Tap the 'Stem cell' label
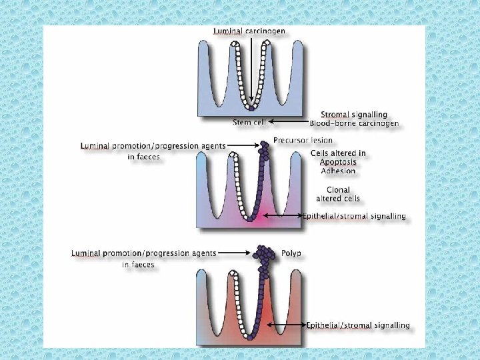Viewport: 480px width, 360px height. pyautogui.click(x=248, y=123)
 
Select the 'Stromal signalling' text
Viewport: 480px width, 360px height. pyautogui.click(x=354, y=115)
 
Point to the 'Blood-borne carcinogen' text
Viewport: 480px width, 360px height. pyautogui.click(x=354, y=123)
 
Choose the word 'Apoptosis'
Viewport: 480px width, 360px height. pyautogui.click(x=338, y=162)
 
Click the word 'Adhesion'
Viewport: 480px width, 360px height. pyautogui.click(x=338, y=171)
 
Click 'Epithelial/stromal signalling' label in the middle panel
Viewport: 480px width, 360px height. pyautogui.click(x=353, y=217)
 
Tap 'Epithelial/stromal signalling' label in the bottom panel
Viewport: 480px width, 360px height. pyautogui.click(x=358, y=326)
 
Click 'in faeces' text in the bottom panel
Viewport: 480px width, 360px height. pyautogui.click(x=139, y=265)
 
